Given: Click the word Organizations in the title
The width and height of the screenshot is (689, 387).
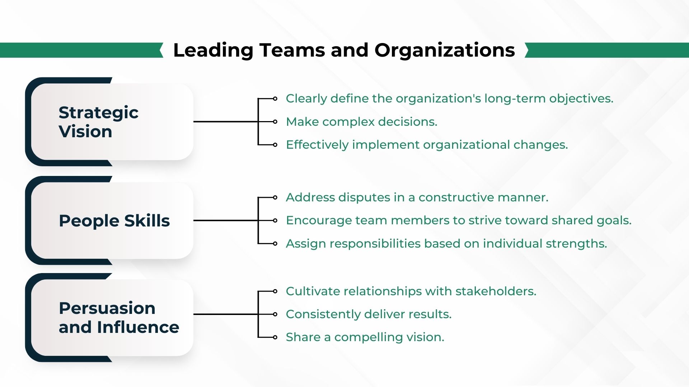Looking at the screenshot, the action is (445, 50).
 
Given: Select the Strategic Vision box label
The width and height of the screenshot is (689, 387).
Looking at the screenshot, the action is (98, 122).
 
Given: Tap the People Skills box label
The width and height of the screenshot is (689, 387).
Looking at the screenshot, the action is (114, 221).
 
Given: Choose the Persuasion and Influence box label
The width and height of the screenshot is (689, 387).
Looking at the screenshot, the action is (119, 317).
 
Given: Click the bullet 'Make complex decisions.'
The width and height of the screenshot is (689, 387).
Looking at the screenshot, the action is (361, 122).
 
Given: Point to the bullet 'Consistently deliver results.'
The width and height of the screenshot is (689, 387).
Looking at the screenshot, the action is (369, 314).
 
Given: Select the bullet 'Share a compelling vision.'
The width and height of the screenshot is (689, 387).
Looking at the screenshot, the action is (365, 337).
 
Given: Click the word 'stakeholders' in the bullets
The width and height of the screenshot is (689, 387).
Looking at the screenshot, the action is (496, 291).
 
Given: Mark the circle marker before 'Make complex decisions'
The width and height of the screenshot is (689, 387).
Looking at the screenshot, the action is (275, 122).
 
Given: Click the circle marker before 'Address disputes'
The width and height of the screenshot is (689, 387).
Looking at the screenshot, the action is (275, 197).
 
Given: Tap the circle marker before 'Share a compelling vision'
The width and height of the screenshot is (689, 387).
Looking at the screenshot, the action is (275, 337).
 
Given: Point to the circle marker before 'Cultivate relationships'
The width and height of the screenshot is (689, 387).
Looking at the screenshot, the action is (275, 291).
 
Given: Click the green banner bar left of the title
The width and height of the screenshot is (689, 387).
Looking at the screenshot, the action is (81, 50).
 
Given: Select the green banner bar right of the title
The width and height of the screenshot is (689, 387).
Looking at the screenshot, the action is (607, 50).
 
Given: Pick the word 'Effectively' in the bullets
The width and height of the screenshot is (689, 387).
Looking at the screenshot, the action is (317, 145).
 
